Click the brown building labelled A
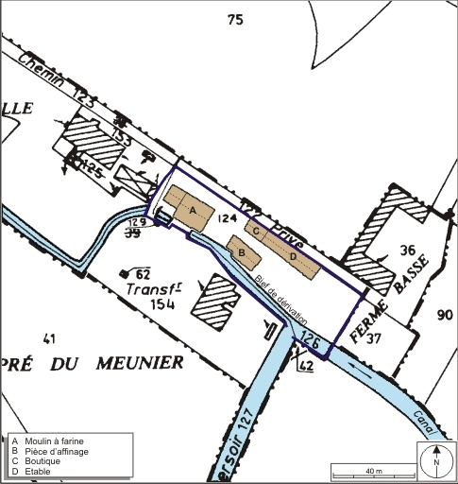[190, 209]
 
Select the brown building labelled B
[243, 253]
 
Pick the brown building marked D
[293, 256]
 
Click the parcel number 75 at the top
[235, 19]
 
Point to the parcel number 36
[408, 251]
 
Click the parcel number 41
[50, 337]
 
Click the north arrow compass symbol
[436, 461]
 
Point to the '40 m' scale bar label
[373, 470]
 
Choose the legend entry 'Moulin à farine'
[56, 441]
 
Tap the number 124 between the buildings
[226, 218]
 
